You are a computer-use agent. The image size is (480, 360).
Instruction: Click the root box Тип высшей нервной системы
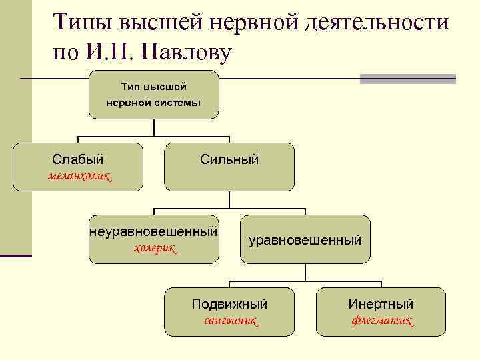(x=153, y=95)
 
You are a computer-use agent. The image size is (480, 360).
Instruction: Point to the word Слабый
(x=78, y=159)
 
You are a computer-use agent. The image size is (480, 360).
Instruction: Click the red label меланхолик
(x=79, y=176)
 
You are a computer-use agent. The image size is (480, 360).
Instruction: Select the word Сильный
(x=229, y=159)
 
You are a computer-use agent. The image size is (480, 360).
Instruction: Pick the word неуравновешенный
(x=154, y=232)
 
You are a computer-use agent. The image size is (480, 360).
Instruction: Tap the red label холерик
(x=155, y=248)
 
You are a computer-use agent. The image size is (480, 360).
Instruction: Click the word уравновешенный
(x=305, y=239)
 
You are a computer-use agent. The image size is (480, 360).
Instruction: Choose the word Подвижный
(x=229, y=304)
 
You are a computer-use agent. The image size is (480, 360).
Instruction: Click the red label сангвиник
(x=230, y=321)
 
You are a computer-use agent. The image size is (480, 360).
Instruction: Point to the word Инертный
(x=381, y=304)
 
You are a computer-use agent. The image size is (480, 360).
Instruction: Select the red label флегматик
(x=382, y=321)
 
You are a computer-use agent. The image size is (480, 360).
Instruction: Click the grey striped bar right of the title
(x=407, y=79)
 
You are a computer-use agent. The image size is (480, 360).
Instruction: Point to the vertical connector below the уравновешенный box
(x=305, y=271)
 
